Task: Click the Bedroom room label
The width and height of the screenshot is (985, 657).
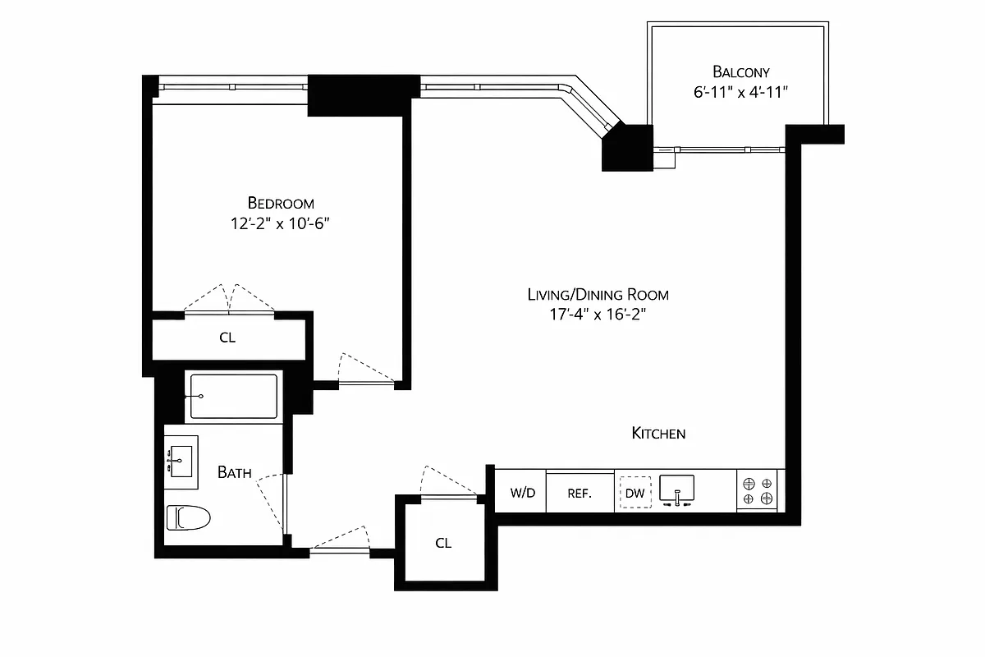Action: click(281, 203)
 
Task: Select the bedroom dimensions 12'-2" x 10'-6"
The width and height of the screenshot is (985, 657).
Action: click(281, 223)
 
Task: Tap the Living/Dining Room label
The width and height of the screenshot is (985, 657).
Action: click(598, 294)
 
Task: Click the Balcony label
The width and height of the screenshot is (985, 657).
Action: click(740, 71)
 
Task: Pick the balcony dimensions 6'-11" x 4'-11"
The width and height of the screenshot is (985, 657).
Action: click(740, 92)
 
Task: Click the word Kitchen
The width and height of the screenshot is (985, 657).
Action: click(658, 433)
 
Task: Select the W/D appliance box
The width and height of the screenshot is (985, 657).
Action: click(522, 493)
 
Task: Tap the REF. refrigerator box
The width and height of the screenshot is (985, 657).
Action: click(580, 493)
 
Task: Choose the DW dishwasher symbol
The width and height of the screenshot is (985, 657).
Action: click(635, 493)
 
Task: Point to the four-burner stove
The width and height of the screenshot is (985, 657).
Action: click(758, 491)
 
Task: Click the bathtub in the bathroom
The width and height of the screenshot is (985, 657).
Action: click(234, 396)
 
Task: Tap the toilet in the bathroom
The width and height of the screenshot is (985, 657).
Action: click(188, 517)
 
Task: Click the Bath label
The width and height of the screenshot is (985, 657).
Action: click(234, 472)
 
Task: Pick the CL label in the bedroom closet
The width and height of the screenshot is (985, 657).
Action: click(227, 338)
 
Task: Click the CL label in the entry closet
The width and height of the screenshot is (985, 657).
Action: click(443, 543)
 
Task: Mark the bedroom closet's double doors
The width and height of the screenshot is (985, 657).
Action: click(229, 300)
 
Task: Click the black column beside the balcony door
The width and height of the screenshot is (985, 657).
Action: click(626, 148)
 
